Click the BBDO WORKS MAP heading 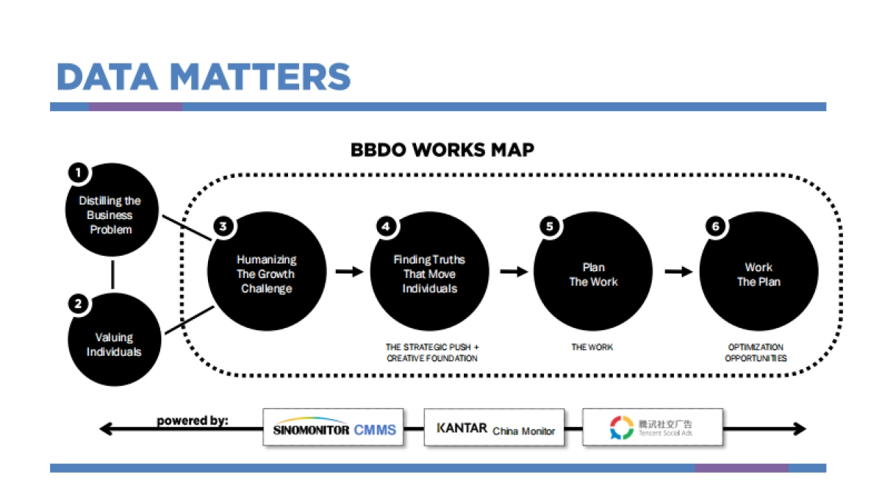point(442,150)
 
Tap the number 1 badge point(78,174)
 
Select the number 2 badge point(78,303)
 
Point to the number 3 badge point(222,226)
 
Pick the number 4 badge point(385,226)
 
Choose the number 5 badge point(549,226)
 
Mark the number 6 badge point(714,226)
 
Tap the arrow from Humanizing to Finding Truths point(350,272)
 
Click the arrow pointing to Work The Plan point(678,272)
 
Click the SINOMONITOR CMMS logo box point(333,428)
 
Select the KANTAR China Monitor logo point(494,428)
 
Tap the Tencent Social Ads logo point(652,427)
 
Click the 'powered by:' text point(192,421)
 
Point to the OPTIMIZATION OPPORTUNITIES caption point(756,352)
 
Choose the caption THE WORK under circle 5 point(592,346)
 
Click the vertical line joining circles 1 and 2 point(112,273)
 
